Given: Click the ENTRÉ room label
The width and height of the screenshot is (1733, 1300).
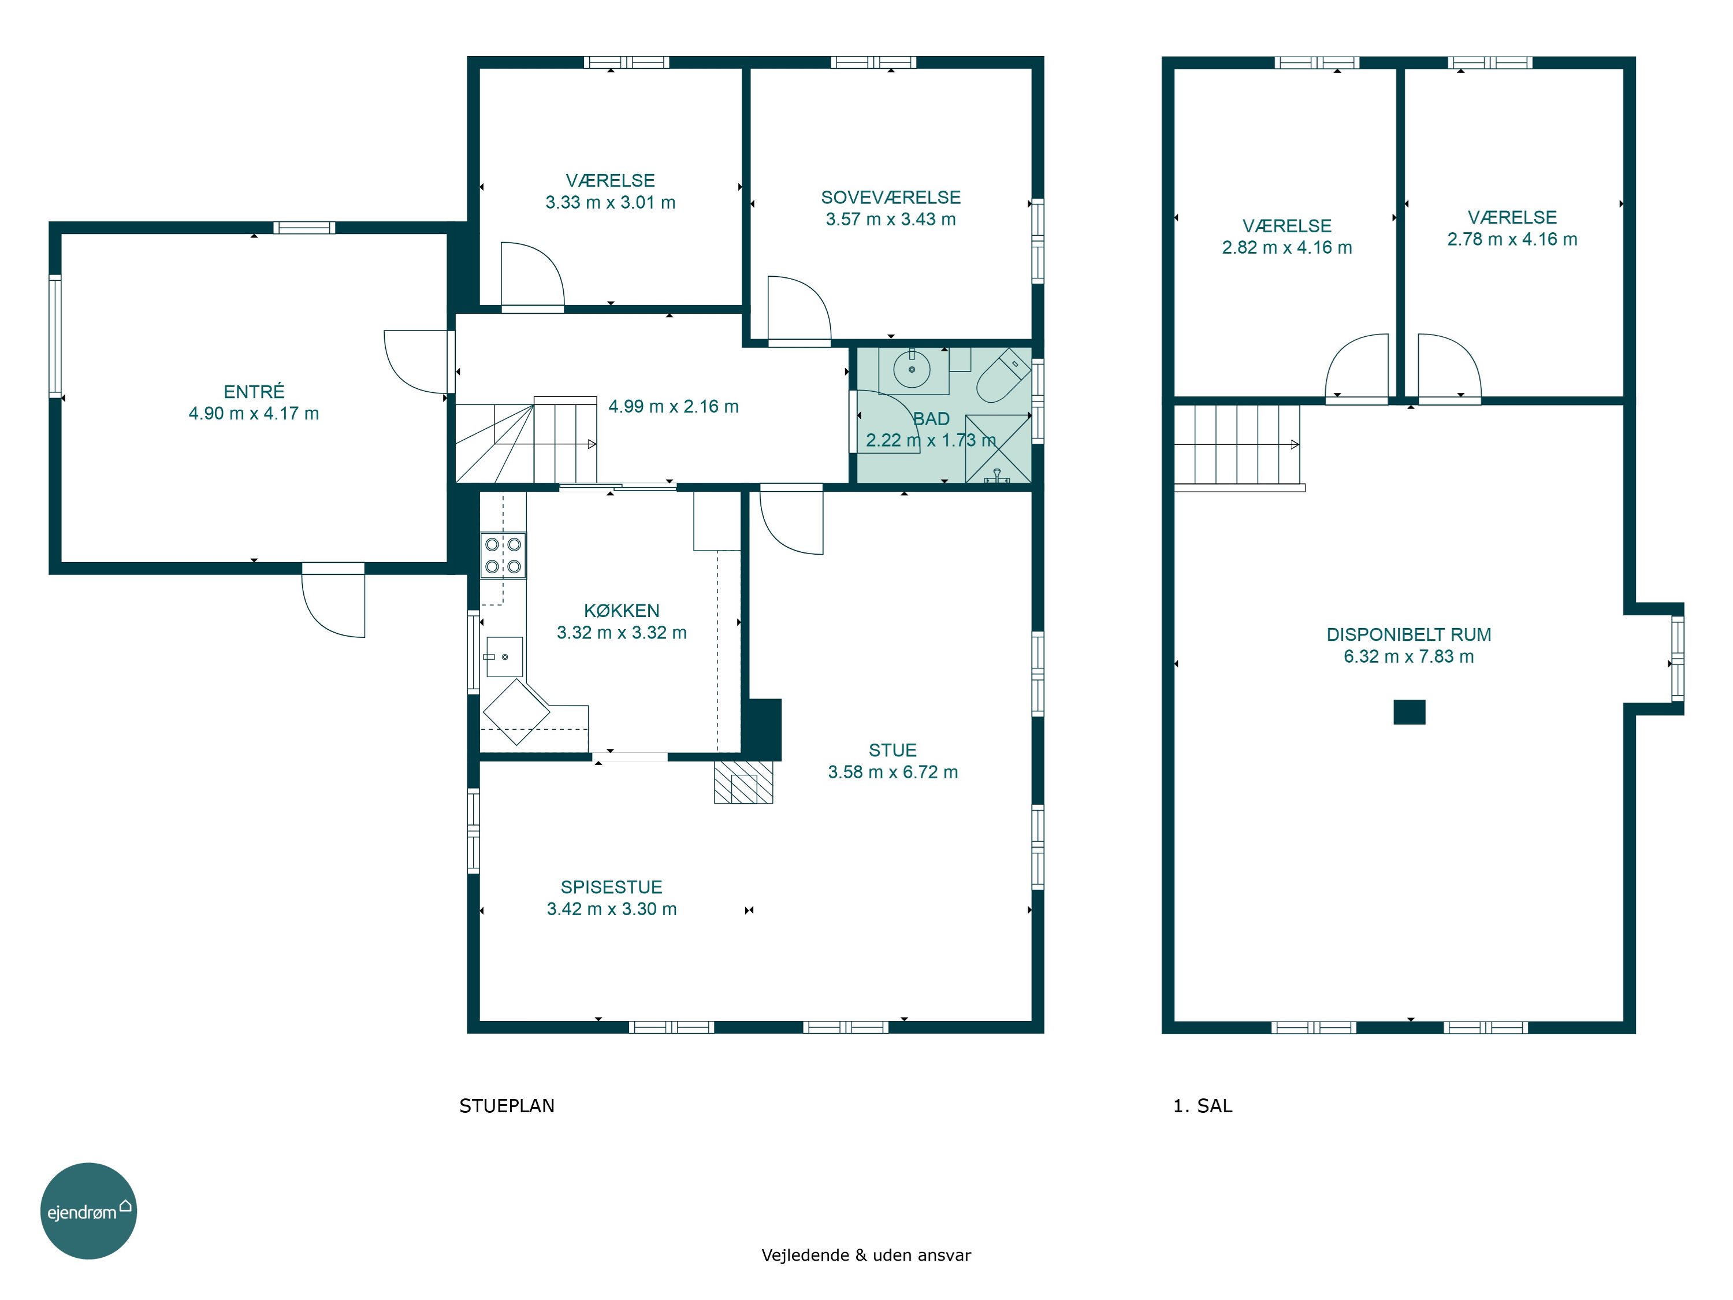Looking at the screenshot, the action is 254,392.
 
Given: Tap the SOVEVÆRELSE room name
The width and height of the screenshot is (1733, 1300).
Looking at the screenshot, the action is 891,198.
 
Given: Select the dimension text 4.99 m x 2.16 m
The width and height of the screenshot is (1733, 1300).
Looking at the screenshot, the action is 674,407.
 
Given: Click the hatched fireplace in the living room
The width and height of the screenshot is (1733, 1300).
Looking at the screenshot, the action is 743,782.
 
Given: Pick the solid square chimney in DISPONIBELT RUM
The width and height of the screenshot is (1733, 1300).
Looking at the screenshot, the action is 1410,711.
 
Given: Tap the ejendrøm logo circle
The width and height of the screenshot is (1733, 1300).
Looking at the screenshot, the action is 88,1210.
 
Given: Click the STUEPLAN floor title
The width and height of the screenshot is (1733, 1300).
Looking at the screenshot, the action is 507,1106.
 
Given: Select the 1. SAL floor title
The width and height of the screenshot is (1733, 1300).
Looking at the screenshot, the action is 1203,1106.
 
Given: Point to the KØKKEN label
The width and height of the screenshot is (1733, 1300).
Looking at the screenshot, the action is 622,611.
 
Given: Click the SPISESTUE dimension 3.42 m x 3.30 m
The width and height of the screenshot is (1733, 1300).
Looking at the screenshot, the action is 612,909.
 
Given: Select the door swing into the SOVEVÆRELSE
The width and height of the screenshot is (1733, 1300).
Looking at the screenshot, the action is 799,310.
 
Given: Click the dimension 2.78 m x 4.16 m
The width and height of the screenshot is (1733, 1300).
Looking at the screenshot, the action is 1512,239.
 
